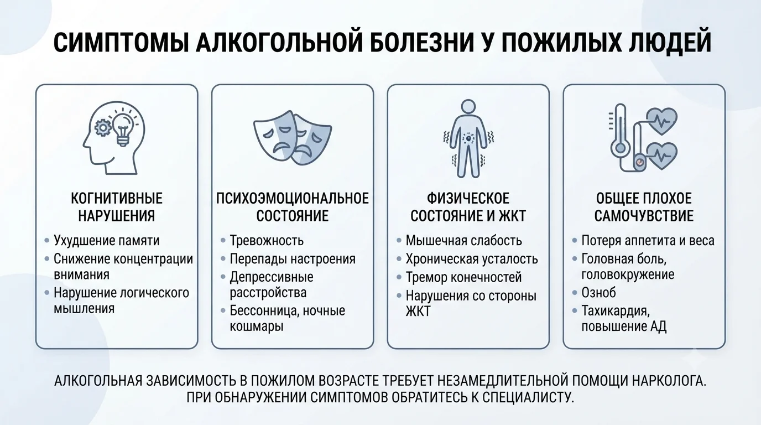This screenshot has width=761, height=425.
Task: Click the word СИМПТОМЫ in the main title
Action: point(121,43)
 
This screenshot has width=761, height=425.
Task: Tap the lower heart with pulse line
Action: point(661,156)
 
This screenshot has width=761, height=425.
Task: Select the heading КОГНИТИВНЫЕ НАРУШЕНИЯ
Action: point(117,207)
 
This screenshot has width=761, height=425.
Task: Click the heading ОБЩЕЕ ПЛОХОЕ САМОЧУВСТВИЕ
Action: point(644,207)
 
